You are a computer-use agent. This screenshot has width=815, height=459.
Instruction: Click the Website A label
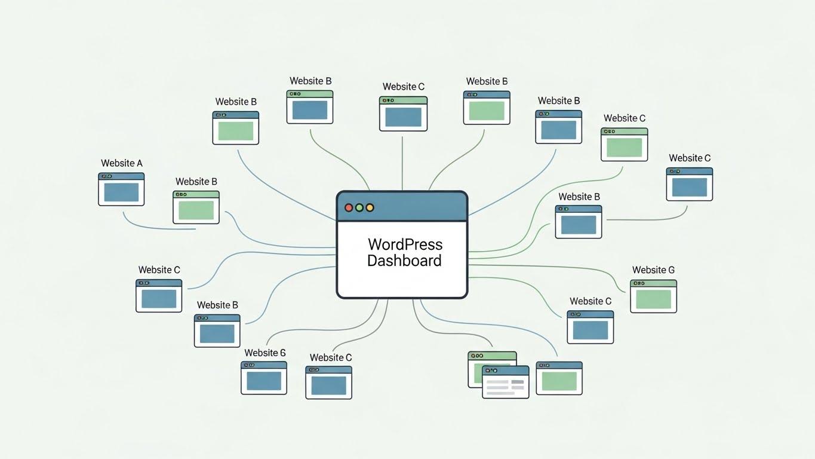pyautogui.click(x=122, y=163)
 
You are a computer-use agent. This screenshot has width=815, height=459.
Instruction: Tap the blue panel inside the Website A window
pyautogui.click(x=121, y=192)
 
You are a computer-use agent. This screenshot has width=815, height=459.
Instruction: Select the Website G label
pyautogui.click(x=653, y=270)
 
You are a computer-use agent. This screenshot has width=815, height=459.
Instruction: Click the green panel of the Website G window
pyautogui.click(x=653, y=299)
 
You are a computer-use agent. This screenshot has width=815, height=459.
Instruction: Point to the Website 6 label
pyautogui.click(x=265, y=353)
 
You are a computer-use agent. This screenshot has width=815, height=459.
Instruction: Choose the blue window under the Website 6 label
pyautogui.click(x=264, y=381)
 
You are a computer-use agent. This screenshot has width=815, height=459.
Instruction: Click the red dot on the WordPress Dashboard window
pyautogui.click(x=349, y=207)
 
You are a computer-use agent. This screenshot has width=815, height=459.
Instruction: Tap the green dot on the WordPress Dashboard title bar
pyautogui.click(x=359, y=207)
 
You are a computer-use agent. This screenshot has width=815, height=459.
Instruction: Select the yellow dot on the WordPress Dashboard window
pyautogui.click(x=370, y=207)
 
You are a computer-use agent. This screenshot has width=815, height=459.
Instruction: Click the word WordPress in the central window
pyautogui.click(x=405, y=244)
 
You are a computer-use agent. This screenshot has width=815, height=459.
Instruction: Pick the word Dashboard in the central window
pyautogui.click(x=404, y=261)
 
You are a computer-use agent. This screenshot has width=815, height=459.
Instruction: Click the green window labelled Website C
pyautogui.click(x=624, y=147)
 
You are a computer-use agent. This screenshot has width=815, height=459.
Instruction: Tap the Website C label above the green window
pyautogui.click(x=625, y=118)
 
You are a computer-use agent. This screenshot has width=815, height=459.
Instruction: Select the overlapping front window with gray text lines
pyautogui.click(x=505, y=385)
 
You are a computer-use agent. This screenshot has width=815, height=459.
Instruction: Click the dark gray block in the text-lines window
pyautogui.click(x=517, y=382)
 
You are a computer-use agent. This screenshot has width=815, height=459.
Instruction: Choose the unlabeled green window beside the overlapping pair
pyautogui.click(x=559, y=381)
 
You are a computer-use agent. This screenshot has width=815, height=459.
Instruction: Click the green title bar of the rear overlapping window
pyautogui.click(x=492, y=356)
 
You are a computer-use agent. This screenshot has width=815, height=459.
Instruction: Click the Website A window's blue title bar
pyautogui.click(x=121, y=176)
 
